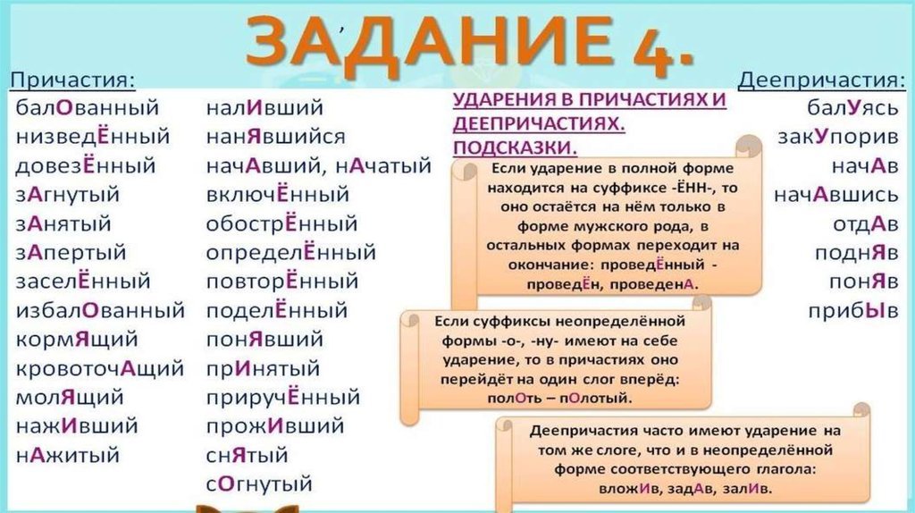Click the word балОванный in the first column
(87, 107)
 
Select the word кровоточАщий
(100, 369)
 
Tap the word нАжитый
(68, 455)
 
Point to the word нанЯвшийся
(275, 137)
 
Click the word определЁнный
(291, 253)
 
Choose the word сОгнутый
(259, 484)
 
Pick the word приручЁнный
(283, 398)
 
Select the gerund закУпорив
(838, 137)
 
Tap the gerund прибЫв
(853, 311)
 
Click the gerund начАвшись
(836, 195)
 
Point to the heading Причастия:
(73, 80)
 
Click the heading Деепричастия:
(822, 80)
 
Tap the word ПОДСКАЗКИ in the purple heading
(514, 148)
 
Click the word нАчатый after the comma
(383, 166)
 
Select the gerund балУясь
(852, 108)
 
